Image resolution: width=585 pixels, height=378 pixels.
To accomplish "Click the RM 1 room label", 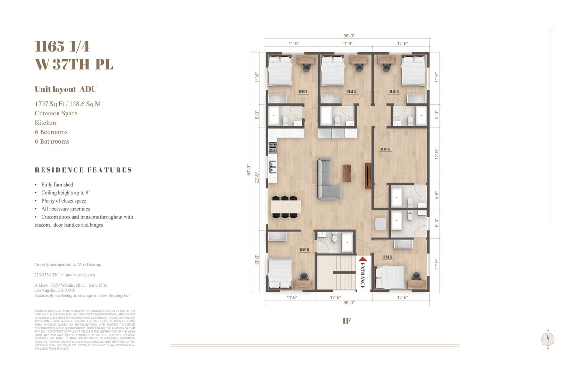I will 303,92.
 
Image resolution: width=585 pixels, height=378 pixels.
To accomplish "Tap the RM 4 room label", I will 385,149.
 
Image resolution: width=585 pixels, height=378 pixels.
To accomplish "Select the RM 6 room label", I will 304,250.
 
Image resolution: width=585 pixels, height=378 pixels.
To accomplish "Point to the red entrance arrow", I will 363,259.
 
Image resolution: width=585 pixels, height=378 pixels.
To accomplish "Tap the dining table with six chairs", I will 285,206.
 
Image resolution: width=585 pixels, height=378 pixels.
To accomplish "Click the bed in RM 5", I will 390,277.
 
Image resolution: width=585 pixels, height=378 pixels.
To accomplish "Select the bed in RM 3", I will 414,71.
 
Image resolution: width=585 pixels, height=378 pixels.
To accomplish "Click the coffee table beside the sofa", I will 347,173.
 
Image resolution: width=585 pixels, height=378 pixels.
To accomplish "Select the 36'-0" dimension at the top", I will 349,35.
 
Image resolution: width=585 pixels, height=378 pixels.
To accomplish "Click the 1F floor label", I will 346,321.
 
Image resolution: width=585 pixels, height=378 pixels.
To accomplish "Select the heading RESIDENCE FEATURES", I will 84,170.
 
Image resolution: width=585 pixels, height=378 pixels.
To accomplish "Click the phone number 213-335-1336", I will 46,275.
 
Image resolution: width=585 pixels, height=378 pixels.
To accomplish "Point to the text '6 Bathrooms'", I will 52,141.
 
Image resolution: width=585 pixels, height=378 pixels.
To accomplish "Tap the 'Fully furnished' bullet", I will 57,185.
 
